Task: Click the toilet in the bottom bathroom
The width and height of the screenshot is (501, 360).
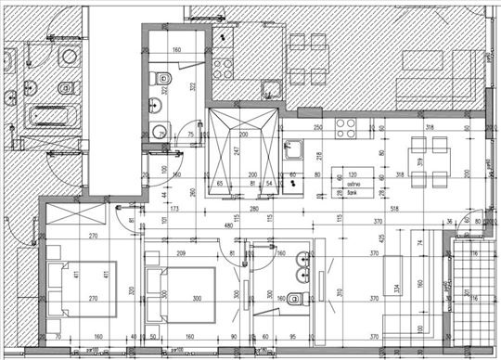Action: [295, 299]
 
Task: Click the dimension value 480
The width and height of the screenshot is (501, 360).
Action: [228, 225]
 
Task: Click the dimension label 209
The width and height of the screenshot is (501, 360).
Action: [182, 254]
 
